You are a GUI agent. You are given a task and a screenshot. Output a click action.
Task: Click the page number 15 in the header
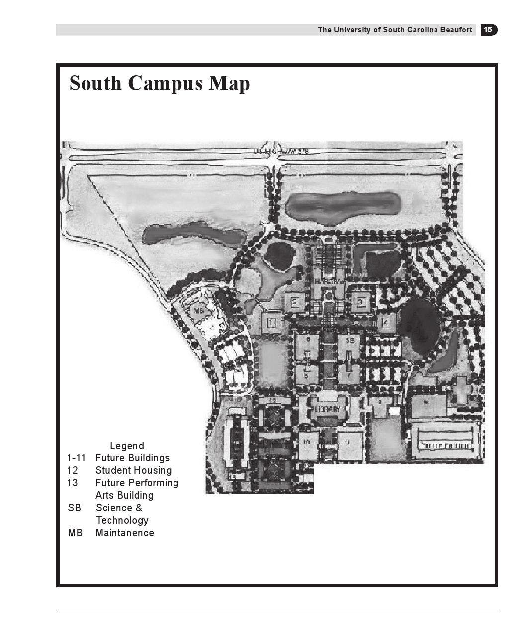pos(488,30)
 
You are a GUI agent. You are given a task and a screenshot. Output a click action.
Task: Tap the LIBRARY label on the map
pos(328,409)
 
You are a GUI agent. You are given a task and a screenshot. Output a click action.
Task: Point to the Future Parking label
pos(445,445)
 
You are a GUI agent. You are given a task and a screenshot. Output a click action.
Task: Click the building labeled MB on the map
pos(199,312)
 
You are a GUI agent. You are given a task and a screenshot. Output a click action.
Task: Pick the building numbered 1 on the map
pos(271,323)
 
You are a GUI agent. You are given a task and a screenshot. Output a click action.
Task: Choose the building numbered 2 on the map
pos(295,301)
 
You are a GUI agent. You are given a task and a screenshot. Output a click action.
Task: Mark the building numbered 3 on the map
pos(361,301)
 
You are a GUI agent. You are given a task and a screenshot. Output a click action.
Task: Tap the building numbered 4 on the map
pos(386,322)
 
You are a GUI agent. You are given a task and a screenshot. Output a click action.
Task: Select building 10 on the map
pos(307,442)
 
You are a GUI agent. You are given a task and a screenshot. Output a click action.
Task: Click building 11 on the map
pos(348,442)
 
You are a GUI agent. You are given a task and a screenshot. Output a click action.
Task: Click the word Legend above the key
pos(127,446)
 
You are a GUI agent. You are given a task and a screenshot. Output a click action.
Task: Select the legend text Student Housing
pos(133,470)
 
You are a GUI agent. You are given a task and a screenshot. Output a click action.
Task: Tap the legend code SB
pos(74,508)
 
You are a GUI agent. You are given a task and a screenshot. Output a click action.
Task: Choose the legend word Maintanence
pos(125,533)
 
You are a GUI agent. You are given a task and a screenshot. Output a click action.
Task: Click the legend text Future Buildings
pos(132,458)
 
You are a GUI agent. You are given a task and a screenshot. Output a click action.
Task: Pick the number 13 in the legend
pos(73,483)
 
